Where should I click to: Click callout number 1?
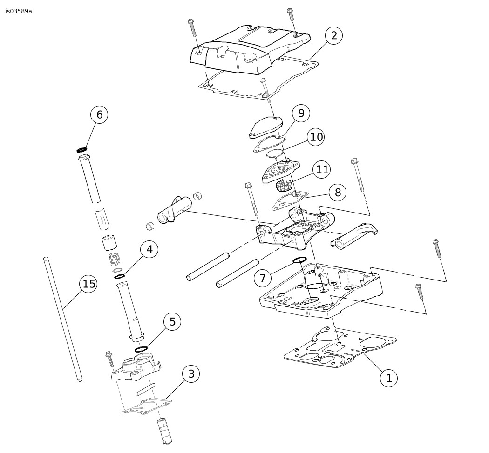click(389, 378)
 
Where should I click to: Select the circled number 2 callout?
click(334, 36)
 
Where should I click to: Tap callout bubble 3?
click(191, 373)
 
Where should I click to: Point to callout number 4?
click(149, 249)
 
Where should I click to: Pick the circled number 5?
click(172, 321)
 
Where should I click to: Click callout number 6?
click(99, 114)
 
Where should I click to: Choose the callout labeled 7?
click(263, 278)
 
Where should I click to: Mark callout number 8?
click(338, 192)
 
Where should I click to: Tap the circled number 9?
click(301, 113)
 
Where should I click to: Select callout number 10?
click(316, 137)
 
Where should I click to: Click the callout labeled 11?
click(322, 170)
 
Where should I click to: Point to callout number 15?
click(88, 284)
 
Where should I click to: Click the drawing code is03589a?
click(19, 11)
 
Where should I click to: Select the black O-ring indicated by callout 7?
click(299, 260)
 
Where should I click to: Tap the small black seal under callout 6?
click(82, 150)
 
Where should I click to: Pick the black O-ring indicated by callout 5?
click(141, 349)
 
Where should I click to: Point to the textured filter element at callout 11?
click(283, 186)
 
